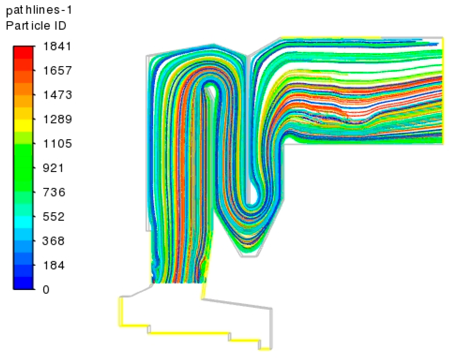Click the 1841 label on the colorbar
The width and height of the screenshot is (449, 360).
pos(57,46)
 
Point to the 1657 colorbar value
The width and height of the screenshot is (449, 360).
pos(57,71)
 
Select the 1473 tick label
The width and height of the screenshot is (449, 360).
pos(57,95)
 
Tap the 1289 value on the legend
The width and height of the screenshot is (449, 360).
pos(57,119)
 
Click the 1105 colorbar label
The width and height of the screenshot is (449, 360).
pos(57,144)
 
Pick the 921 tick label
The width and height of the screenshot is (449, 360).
pos(53,168)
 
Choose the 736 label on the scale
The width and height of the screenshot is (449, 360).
pos(54,192)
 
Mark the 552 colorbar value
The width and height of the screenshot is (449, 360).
pos(53,217)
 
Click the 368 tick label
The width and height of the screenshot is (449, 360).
pos(53,241)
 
